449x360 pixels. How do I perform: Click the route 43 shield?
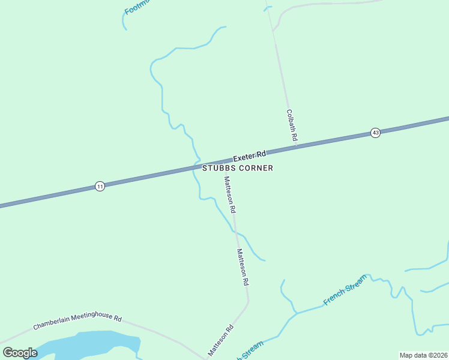pos(375,133)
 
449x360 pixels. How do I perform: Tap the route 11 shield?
pos(100,187)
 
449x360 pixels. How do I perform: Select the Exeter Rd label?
pos(249,156)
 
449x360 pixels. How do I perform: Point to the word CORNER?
pos(256,169)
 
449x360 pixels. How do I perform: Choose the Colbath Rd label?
pos(292,125)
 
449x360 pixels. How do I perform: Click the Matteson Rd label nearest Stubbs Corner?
pos(230,195)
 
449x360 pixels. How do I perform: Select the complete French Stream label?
pos(345,289)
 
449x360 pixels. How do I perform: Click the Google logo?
pos(20,353)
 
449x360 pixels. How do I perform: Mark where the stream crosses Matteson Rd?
pos(234,231)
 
